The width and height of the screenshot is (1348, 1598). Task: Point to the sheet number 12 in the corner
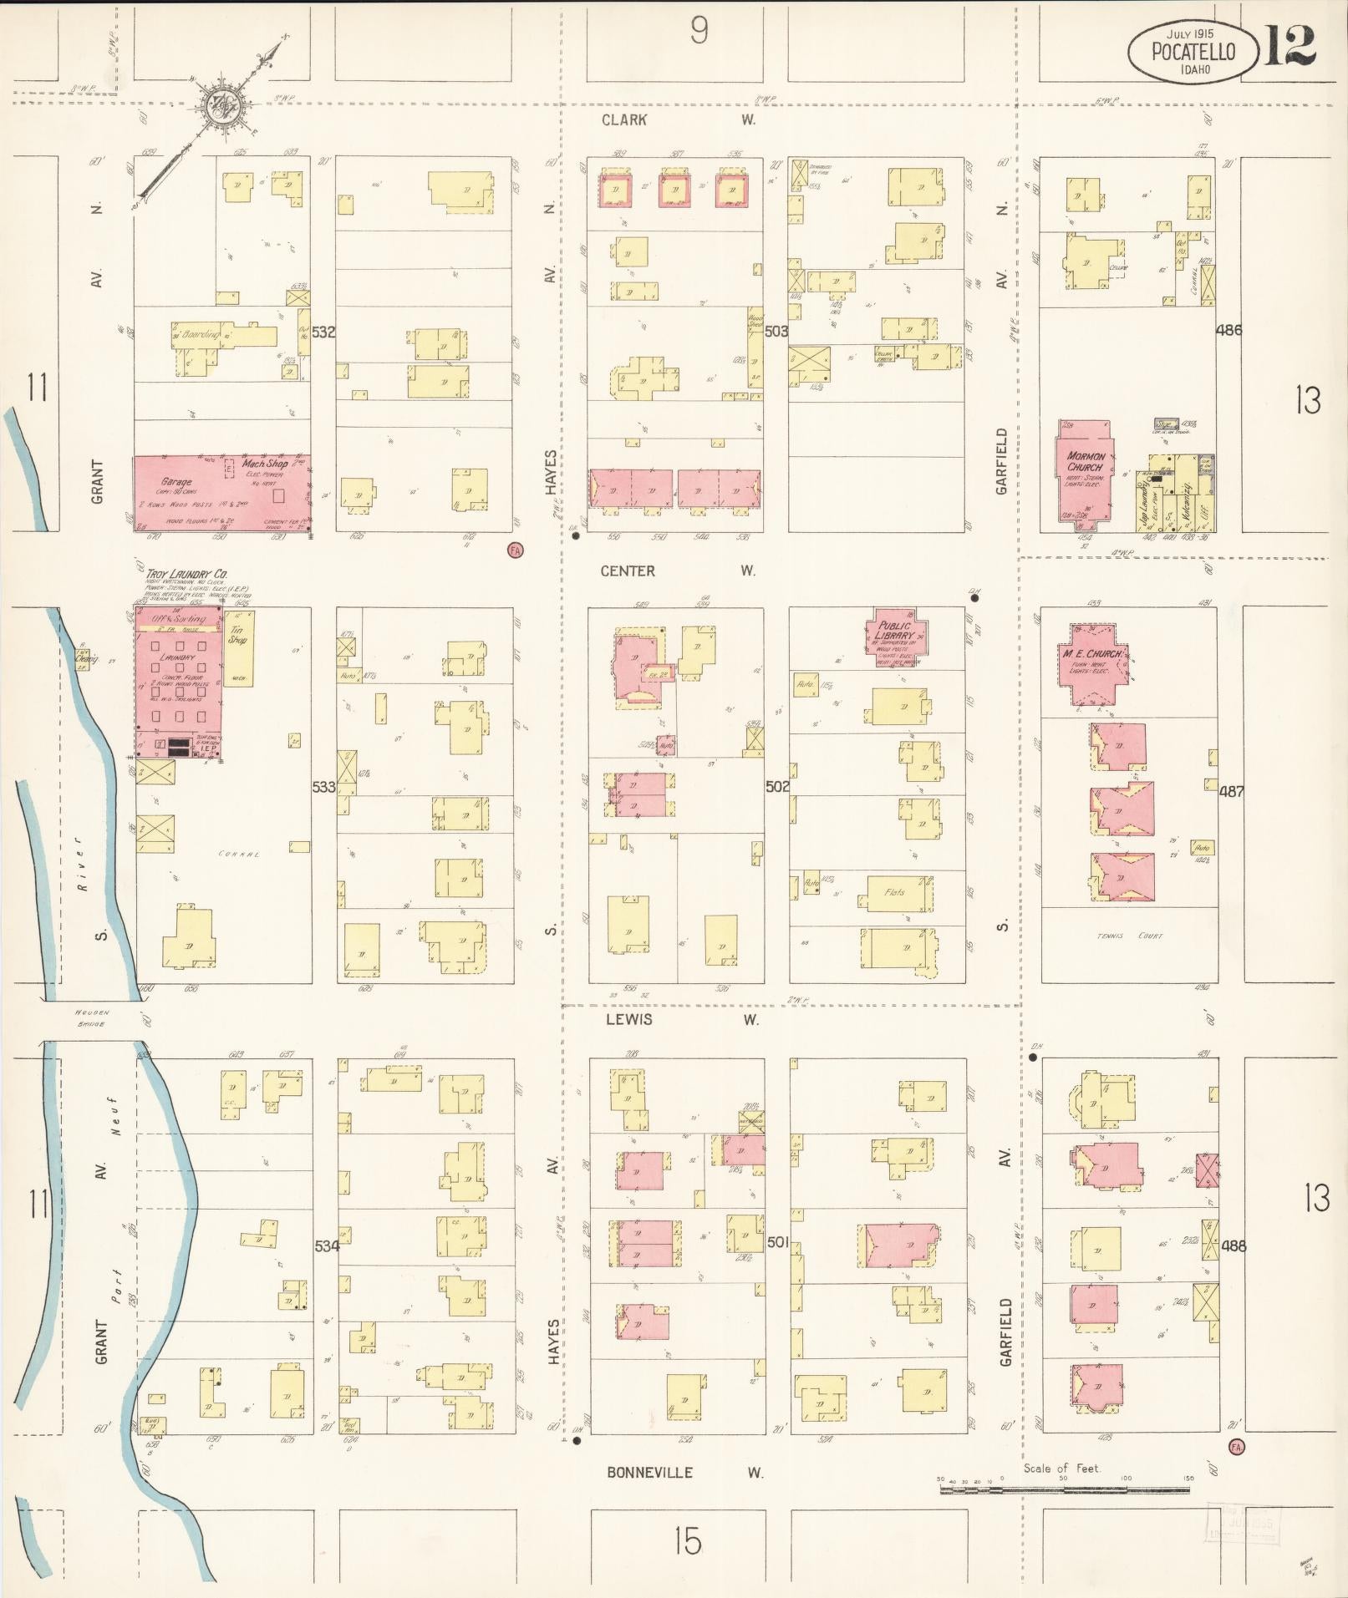tap(1290, 46)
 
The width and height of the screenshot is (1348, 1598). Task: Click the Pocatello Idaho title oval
tap(1193, 53)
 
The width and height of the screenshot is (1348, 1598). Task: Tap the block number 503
tap(776, 332)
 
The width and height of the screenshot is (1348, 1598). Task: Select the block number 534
tap(326, 1245)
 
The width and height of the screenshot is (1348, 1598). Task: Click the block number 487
tap(1231, 790)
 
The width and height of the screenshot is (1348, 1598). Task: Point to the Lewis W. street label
tap(677, 1019)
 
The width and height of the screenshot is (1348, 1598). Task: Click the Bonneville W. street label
tap(684, 1473)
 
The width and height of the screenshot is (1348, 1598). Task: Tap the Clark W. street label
tap(677, 120)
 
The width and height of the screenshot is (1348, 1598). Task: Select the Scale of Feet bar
tap(1066, 1489)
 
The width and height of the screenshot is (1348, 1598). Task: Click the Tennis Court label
tap(1129, 936)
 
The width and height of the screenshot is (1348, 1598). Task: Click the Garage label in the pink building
tap(176, 482)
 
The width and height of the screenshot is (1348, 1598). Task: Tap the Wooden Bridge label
tap(91, 1017)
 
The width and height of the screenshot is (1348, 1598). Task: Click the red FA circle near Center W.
tap(516, 549)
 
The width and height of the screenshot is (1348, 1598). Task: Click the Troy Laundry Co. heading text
tap(186, 574)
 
